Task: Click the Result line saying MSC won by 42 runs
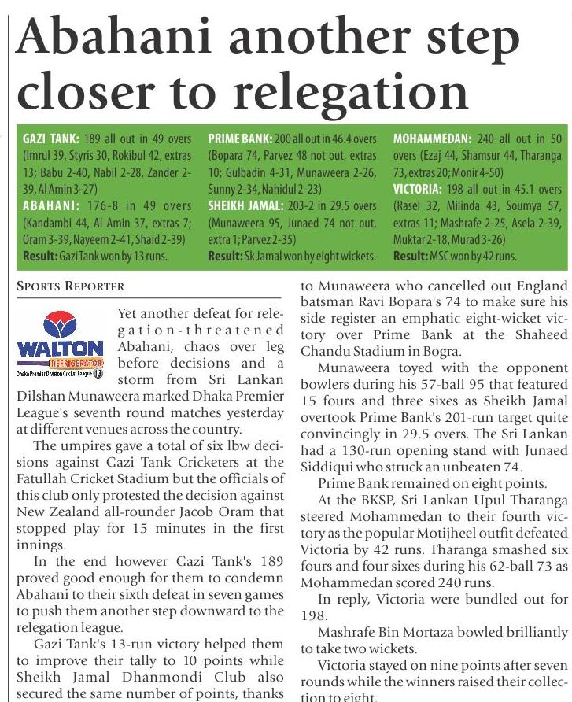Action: (454, 257)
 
